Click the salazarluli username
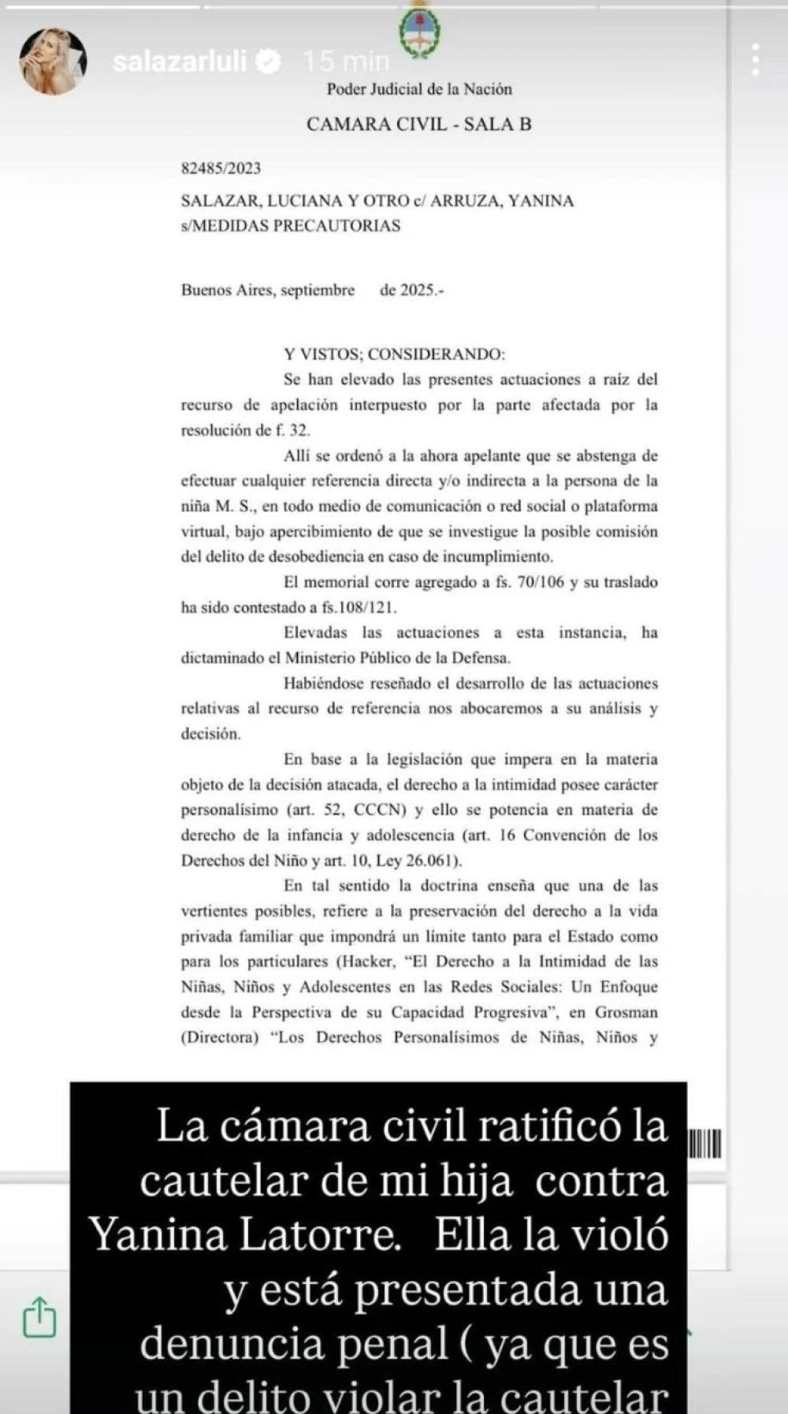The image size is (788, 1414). [180, 61]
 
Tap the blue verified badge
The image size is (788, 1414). [270, 61]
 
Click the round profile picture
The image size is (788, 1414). [53, 61]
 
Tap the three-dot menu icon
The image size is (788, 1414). [755, 60]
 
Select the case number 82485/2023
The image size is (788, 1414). [221, 168]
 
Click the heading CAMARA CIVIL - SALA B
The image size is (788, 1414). [418, 124]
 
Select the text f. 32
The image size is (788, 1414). [293, 430]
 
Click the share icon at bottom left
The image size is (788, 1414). [39, 1316]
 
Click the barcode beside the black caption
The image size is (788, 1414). [705, 1144]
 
